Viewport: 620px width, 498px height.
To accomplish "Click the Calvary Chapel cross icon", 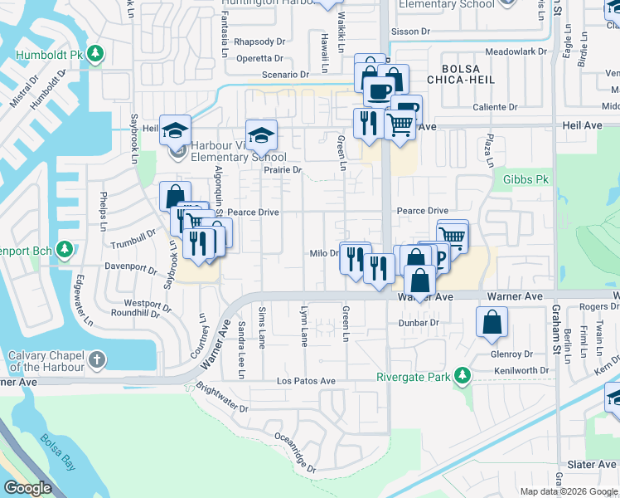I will pyautogui.click(x=97, y=359).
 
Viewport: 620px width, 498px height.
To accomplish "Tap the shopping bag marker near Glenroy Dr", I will pyautogui.click(x=492, y=321).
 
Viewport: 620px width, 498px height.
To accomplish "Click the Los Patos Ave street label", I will pyautogui.click(x=306, y=381).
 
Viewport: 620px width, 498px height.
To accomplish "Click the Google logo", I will pyautogui.click(x=28, y=488).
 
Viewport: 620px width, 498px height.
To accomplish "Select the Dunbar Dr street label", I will pyautogui.click(x=418, y=322).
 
